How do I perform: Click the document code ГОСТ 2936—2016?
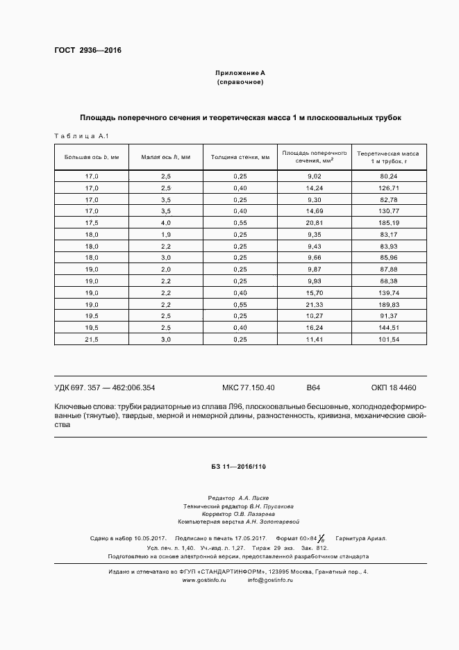83,50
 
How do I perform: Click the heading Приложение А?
240,72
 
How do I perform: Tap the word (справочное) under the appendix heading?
240,82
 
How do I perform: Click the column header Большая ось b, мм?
92,157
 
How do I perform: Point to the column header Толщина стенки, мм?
240,157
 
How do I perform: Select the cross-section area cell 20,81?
315,222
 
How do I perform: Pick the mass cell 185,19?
389,222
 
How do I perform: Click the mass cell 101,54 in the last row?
389,339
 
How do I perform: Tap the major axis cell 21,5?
92,339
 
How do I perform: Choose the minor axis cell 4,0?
166,222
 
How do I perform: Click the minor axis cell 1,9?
166,234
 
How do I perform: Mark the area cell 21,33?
315,304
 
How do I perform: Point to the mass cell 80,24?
389,176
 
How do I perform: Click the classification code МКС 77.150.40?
248,387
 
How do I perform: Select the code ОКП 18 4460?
394,387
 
